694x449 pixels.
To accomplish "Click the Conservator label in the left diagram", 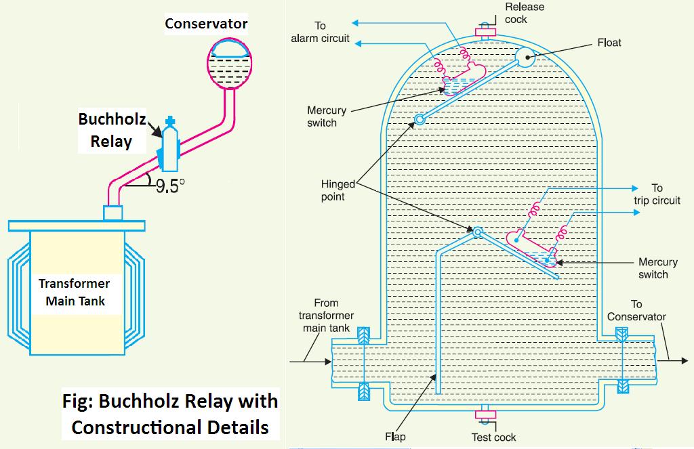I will pyautogui.click(x=207, y=24).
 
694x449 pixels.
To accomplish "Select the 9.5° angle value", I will pyautogui.click(x=170, y=186).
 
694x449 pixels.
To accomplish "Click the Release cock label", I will pyautogui.click(x=525, y=13).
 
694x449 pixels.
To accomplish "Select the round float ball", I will pyautogui.click(x=525, y=58).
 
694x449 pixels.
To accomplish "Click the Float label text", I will pyautogui.click(x=609, y=43).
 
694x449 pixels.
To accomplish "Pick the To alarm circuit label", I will pyautogui.click(x=320, y=32).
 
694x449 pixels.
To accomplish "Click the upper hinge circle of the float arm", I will pyautogui.click(x=420, y=120).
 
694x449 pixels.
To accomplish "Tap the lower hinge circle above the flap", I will pyautogui.click(x=477, y=232).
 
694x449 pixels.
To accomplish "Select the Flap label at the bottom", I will pyautogui.click(x=395, y=436).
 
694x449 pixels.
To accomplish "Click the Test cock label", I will pyautogui.click(x=493, y=437).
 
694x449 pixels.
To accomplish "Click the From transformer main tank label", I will pyautogui.click(x=325, y=316).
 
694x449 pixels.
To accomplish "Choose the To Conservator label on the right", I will pyautogui.click(x=636, y=311).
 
